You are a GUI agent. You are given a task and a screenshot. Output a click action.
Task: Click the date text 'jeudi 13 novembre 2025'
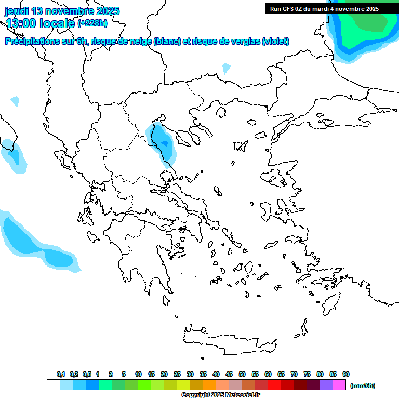62,11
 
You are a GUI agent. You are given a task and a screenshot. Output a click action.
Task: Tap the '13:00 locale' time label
40,23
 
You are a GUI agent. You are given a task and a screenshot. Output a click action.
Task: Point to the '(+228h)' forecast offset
92,23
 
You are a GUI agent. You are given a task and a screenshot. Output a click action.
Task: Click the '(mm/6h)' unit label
363,385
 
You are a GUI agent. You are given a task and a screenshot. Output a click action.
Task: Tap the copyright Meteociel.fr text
220,395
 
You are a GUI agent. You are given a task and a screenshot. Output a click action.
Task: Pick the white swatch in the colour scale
53,385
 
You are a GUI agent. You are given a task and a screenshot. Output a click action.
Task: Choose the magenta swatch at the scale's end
339,385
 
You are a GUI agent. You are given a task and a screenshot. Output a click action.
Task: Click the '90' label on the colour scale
346,374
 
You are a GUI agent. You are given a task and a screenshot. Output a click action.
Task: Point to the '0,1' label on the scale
61,374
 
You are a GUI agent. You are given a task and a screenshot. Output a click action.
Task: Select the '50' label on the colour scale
242,374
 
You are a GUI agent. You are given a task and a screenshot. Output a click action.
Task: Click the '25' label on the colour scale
177,374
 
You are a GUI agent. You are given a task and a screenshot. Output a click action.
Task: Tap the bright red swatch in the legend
274,385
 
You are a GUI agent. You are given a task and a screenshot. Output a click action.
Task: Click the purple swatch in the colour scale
326,385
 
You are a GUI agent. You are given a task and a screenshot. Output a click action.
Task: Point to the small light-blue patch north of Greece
226,68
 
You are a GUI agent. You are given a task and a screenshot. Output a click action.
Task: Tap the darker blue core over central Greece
165,143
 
